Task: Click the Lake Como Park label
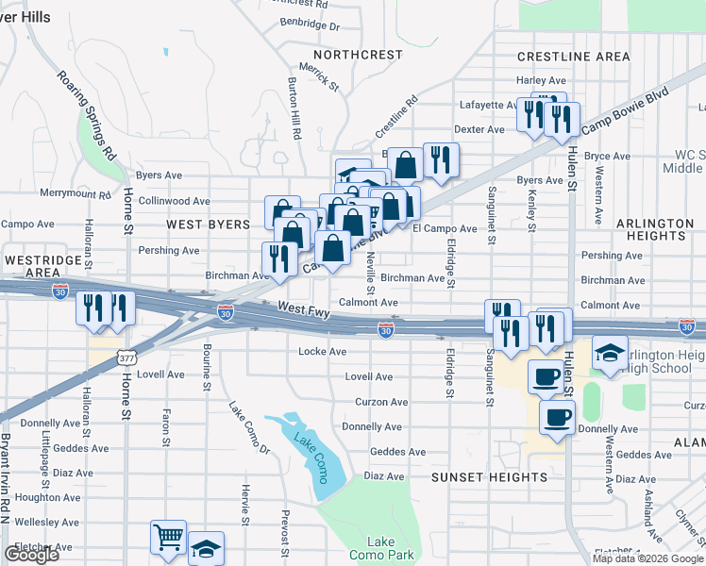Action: coord(381,548)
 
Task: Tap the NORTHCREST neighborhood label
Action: coord(358,55)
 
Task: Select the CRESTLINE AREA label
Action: coord(573,57)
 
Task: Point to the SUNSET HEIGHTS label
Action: coord(489,477)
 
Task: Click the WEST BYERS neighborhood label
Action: coord(208,225)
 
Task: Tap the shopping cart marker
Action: coord(168,538)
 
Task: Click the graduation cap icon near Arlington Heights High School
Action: coord(610,353)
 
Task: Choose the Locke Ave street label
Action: coord(323,351)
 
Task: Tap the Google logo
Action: coord(31,555)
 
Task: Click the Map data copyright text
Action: coord(647,558)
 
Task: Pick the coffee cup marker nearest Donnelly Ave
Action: coord(557,416)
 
